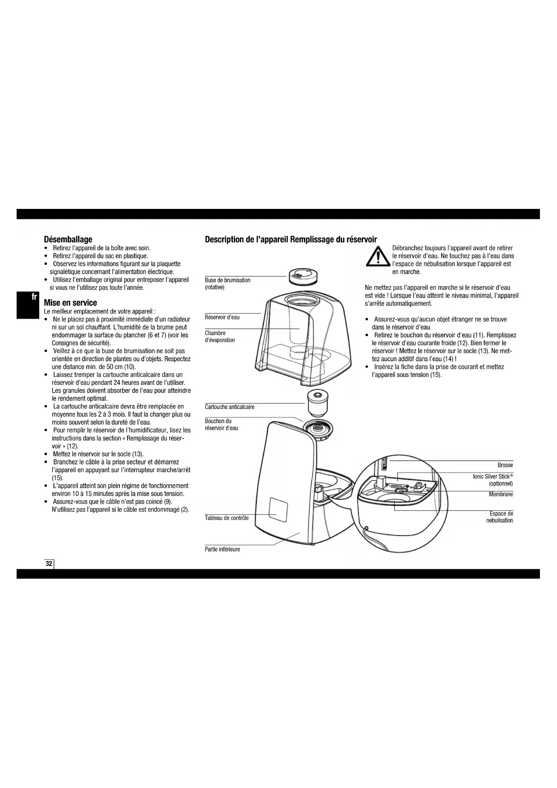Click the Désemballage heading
point(68,239)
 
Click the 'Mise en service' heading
point(70,303)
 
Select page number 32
point(49,564)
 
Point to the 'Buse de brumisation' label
point(228,283)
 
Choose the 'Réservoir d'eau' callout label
point(222,317)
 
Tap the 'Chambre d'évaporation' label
point(220,336)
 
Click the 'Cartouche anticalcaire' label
point(229,407)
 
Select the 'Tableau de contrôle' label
point(227,518)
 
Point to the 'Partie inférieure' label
point(222,549)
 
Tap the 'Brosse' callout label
point(505,465)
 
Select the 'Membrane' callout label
point(501,494)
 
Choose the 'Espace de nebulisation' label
point(500,517)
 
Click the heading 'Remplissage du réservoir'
point(333,239)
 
